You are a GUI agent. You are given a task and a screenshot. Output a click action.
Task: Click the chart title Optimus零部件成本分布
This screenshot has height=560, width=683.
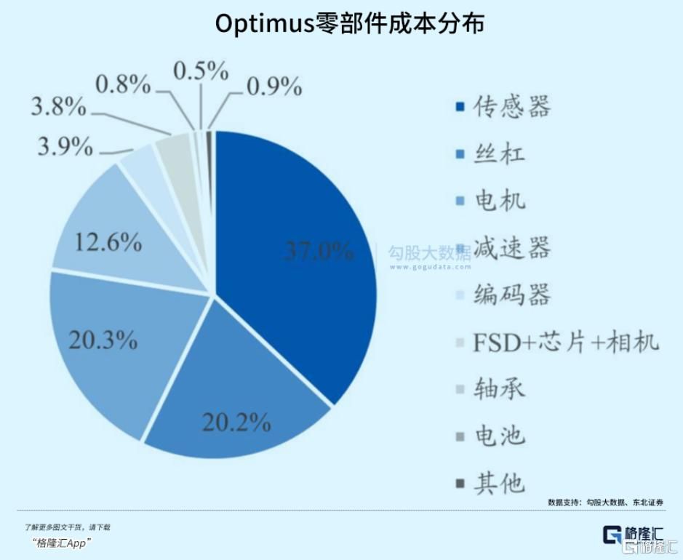pyautogui.click(x=349, y=23)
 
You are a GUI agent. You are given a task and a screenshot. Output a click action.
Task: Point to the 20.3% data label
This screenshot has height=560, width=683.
pyautogui.click(x=103, y=340)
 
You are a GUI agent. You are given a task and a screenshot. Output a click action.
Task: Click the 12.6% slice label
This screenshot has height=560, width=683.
pyautogui.click(x=108, y=242)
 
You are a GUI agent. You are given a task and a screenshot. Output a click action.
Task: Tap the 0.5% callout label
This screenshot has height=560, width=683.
pyautogui.click(x=201, y=71)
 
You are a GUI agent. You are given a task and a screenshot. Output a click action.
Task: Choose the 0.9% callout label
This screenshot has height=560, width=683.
pyautogui.click(x=273, y=87)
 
